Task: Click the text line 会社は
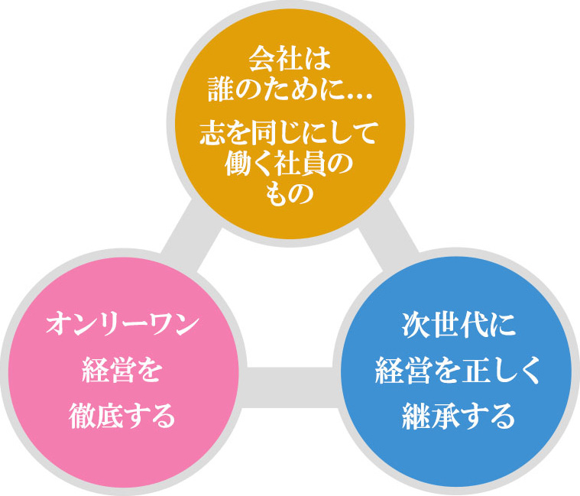290,60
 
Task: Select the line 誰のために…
290,90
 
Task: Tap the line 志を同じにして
290,133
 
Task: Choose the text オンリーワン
122,324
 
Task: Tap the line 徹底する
122,416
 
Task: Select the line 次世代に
458,326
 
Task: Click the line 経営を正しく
458,371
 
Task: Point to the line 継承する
458,416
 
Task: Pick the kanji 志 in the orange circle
212,133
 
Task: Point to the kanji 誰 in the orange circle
220,90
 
